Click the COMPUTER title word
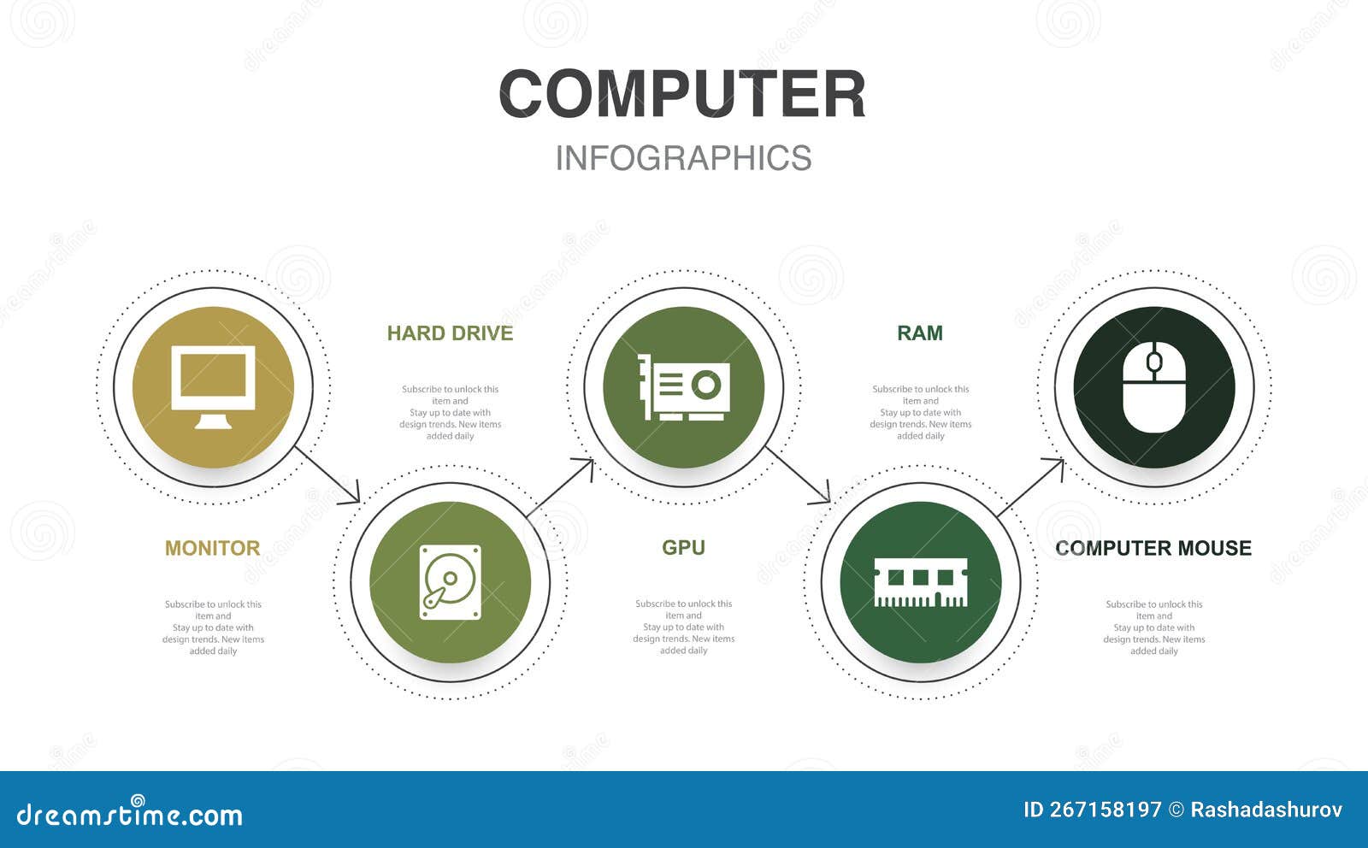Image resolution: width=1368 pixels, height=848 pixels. coord(682,94)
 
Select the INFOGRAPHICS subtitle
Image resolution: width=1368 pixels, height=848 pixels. coord(683,158)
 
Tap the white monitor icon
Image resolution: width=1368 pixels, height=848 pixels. coord(213,386)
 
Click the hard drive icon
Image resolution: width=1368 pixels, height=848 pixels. coord(450,582)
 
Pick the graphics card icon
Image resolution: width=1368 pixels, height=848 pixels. coord(684,387)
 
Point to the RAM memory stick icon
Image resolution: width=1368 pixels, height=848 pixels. coord(920,582)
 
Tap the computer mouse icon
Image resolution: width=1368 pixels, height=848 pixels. coord(1153,386)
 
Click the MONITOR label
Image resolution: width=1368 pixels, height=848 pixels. coord(212,548)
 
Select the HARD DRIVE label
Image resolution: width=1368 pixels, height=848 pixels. coord(450,333)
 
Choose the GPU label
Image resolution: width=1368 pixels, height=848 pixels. coord(683,548)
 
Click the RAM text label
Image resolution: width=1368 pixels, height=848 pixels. coord(920,333)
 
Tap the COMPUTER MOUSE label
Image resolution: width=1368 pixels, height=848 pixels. coord(1153,548)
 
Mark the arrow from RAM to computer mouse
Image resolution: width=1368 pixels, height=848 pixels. coord(1030,487)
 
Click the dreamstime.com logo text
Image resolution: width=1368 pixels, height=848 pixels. coord(130,815)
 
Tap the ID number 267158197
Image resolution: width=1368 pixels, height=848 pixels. coord(1093,810)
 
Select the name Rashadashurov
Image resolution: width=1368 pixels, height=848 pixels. coord(1266,810)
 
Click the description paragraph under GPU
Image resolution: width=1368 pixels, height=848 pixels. coord(683,627)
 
